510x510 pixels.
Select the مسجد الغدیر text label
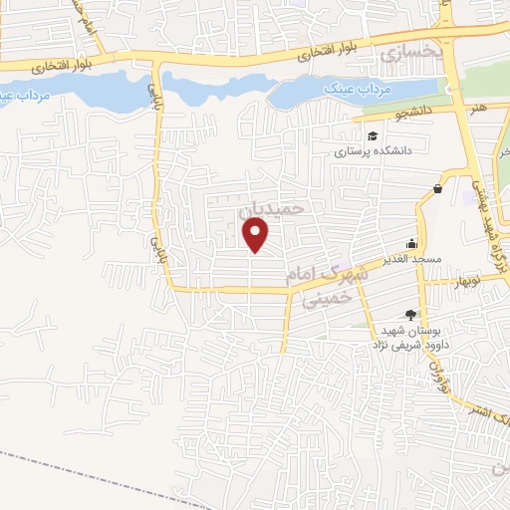point(382,261)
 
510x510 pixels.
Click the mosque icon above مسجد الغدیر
point(410,243)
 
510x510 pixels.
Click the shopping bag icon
point(437,189)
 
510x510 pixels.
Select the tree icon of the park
point(410,314)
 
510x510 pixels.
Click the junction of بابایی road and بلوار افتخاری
point(156,61)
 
